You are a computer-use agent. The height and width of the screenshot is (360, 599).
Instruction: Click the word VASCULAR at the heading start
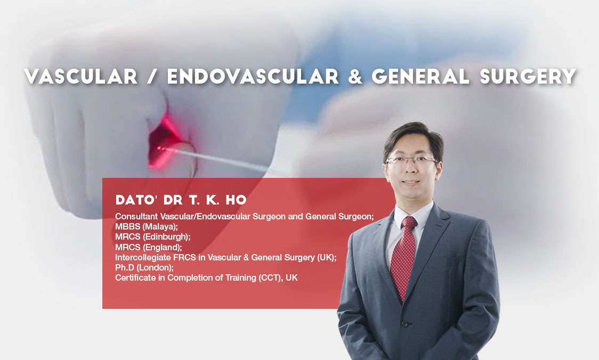pos(81,76)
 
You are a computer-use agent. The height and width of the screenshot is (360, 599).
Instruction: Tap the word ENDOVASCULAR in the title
pos(253,76)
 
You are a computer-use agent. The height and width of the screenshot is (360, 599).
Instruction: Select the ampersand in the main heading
pos(355,76)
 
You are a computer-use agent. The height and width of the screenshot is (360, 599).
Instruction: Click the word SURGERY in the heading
pos(528,76)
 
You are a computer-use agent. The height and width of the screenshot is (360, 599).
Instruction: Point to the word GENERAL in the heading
pos(420,76)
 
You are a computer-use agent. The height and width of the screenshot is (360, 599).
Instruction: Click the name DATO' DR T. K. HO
pos(181,200)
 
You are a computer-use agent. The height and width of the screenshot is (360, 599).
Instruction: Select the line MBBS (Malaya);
pos(147,227)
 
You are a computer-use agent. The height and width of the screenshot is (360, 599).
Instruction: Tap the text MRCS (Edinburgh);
pos(153,236)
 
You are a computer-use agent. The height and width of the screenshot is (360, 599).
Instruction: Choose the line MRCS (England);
pos(149,247)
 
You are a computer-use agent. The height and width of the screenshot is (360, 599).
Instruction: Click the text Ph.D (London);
pos(144,268)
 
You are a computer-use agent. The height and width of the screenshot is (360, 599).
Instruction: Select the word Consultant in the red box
pos(136,216)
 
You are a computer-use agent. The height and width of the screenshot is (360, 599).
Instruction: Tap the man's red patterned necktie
pos(404,255)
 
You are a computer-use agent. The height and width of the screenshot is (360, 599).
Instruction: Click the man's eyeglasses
pos(411,161)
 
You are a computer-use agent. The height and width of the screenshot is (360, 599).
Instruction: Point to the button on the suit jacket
pos(405,324)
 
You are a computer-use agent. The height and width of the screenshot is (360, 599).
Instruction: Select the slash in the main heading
pos(152,76)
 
